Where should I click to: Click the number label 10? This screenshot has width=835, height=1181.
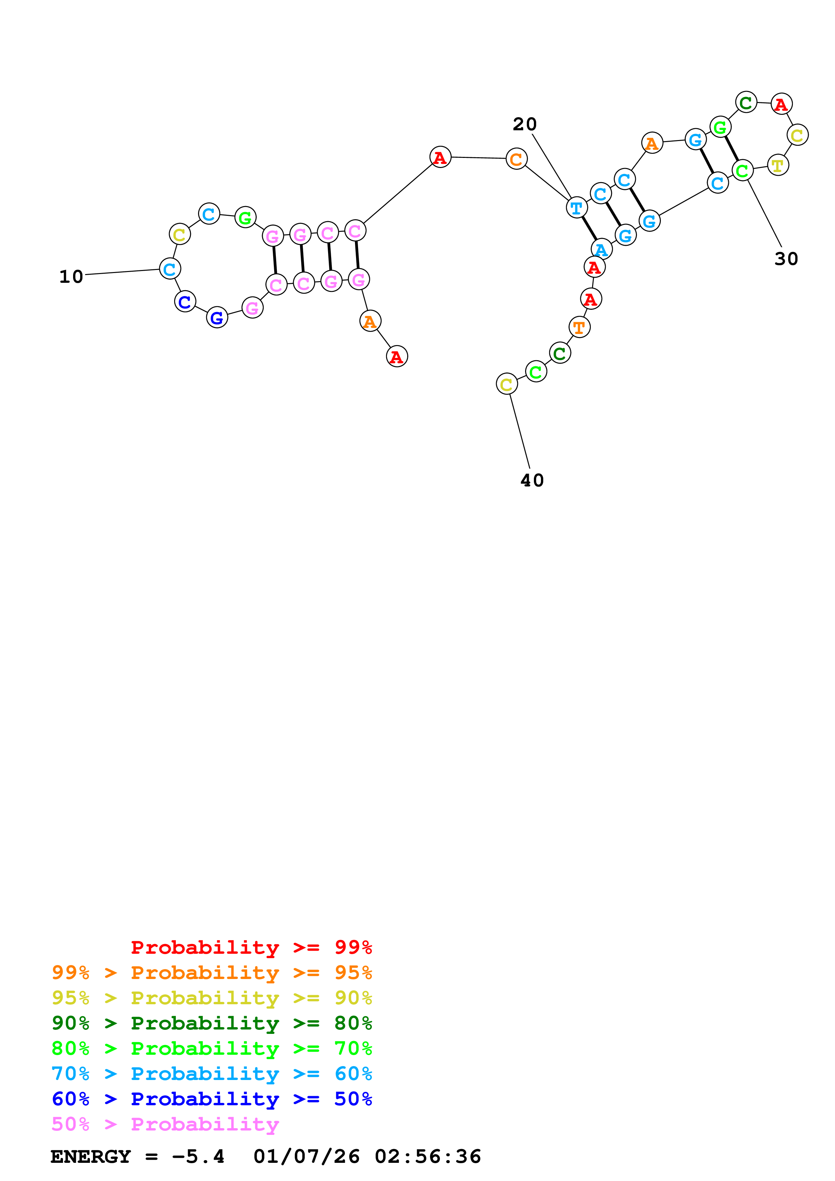point(71,277)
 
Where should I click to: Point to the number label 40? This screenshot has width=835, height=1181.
point(532,480)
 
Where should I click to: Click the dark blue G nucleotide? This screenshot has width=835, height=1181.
point(217,317)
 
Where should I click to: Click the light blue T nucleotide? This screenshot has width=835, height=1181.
point(577,208)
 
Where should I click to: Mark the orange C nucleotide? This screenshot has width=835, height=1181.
point(516,159)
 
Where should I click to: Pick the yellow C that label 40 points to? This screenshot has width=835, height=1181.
point(507,384)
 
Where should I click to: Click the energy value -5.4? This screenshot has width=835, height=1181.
point(199,1156)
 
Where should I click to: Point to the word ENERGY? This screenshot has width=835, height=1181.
point(91,1156)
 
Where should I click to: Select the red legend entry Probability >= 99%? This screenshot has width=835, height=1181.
point(251,947)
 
